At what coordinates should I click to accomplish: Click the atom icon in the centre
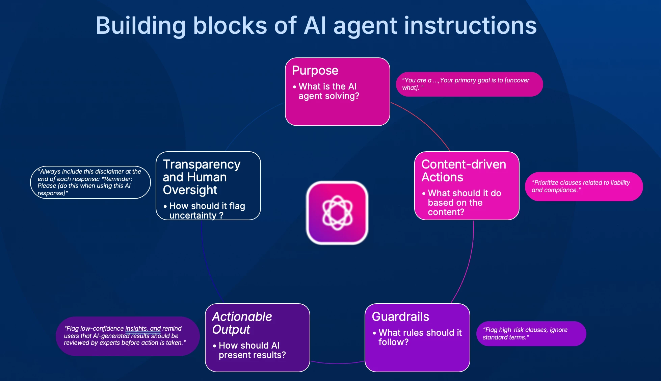coord(337,213)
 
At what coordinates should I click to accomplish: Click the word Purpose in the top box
coord(315,70)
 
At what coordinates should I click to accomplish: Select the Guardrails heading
coord(400,316)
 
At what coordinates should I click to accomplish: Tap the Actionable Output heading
coord(242,323)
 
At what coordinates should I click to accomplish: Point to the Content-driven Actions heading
coord(464,171)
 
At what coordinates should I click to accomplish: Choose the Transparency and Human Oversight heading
coord(202,177)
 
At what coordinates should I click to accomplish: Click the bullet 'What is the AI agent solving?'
coord(328,91)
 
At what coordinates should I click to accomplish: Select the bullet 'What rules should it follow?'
coord(420,337)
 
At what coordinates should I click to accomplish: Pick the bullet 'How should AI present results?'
coord(252,350)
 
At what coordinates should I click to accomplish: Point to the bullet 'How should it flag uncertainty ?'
coord(207,210)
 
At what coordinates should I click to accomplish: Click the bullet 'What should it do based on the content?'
coord(464,202)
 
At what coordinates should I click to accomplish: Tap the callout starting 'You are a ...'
coord(469,84)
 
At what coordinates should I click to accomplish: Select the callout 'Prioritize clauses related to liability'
coord(583,186)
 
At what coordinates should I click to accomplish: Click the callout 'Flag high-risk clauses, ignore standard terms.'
coord(531,333)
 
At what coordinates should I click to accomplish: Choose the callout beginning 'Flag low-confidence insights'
coord(127,336)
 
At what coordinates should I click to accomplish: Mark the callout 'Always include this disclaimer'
coord(90,182)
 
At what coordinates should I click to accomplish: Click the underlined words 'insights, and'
coord(143,329)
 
